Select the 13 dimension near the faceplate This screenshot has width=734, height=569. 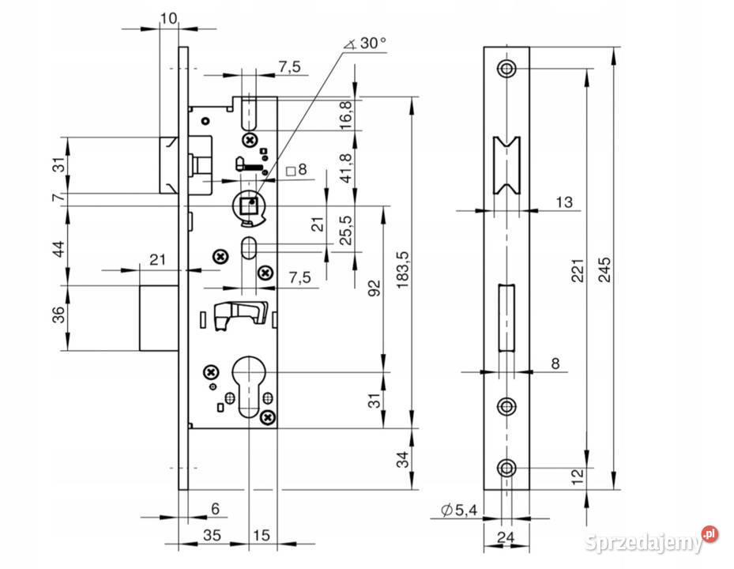pyautogui.click(x=563, y=202)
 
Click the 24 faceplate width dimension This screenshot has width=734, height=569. pyautogui.click(x=506, y=537)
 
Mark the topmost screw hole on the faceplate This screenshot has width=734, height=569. pyautogui.click(x=506, y=69)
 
